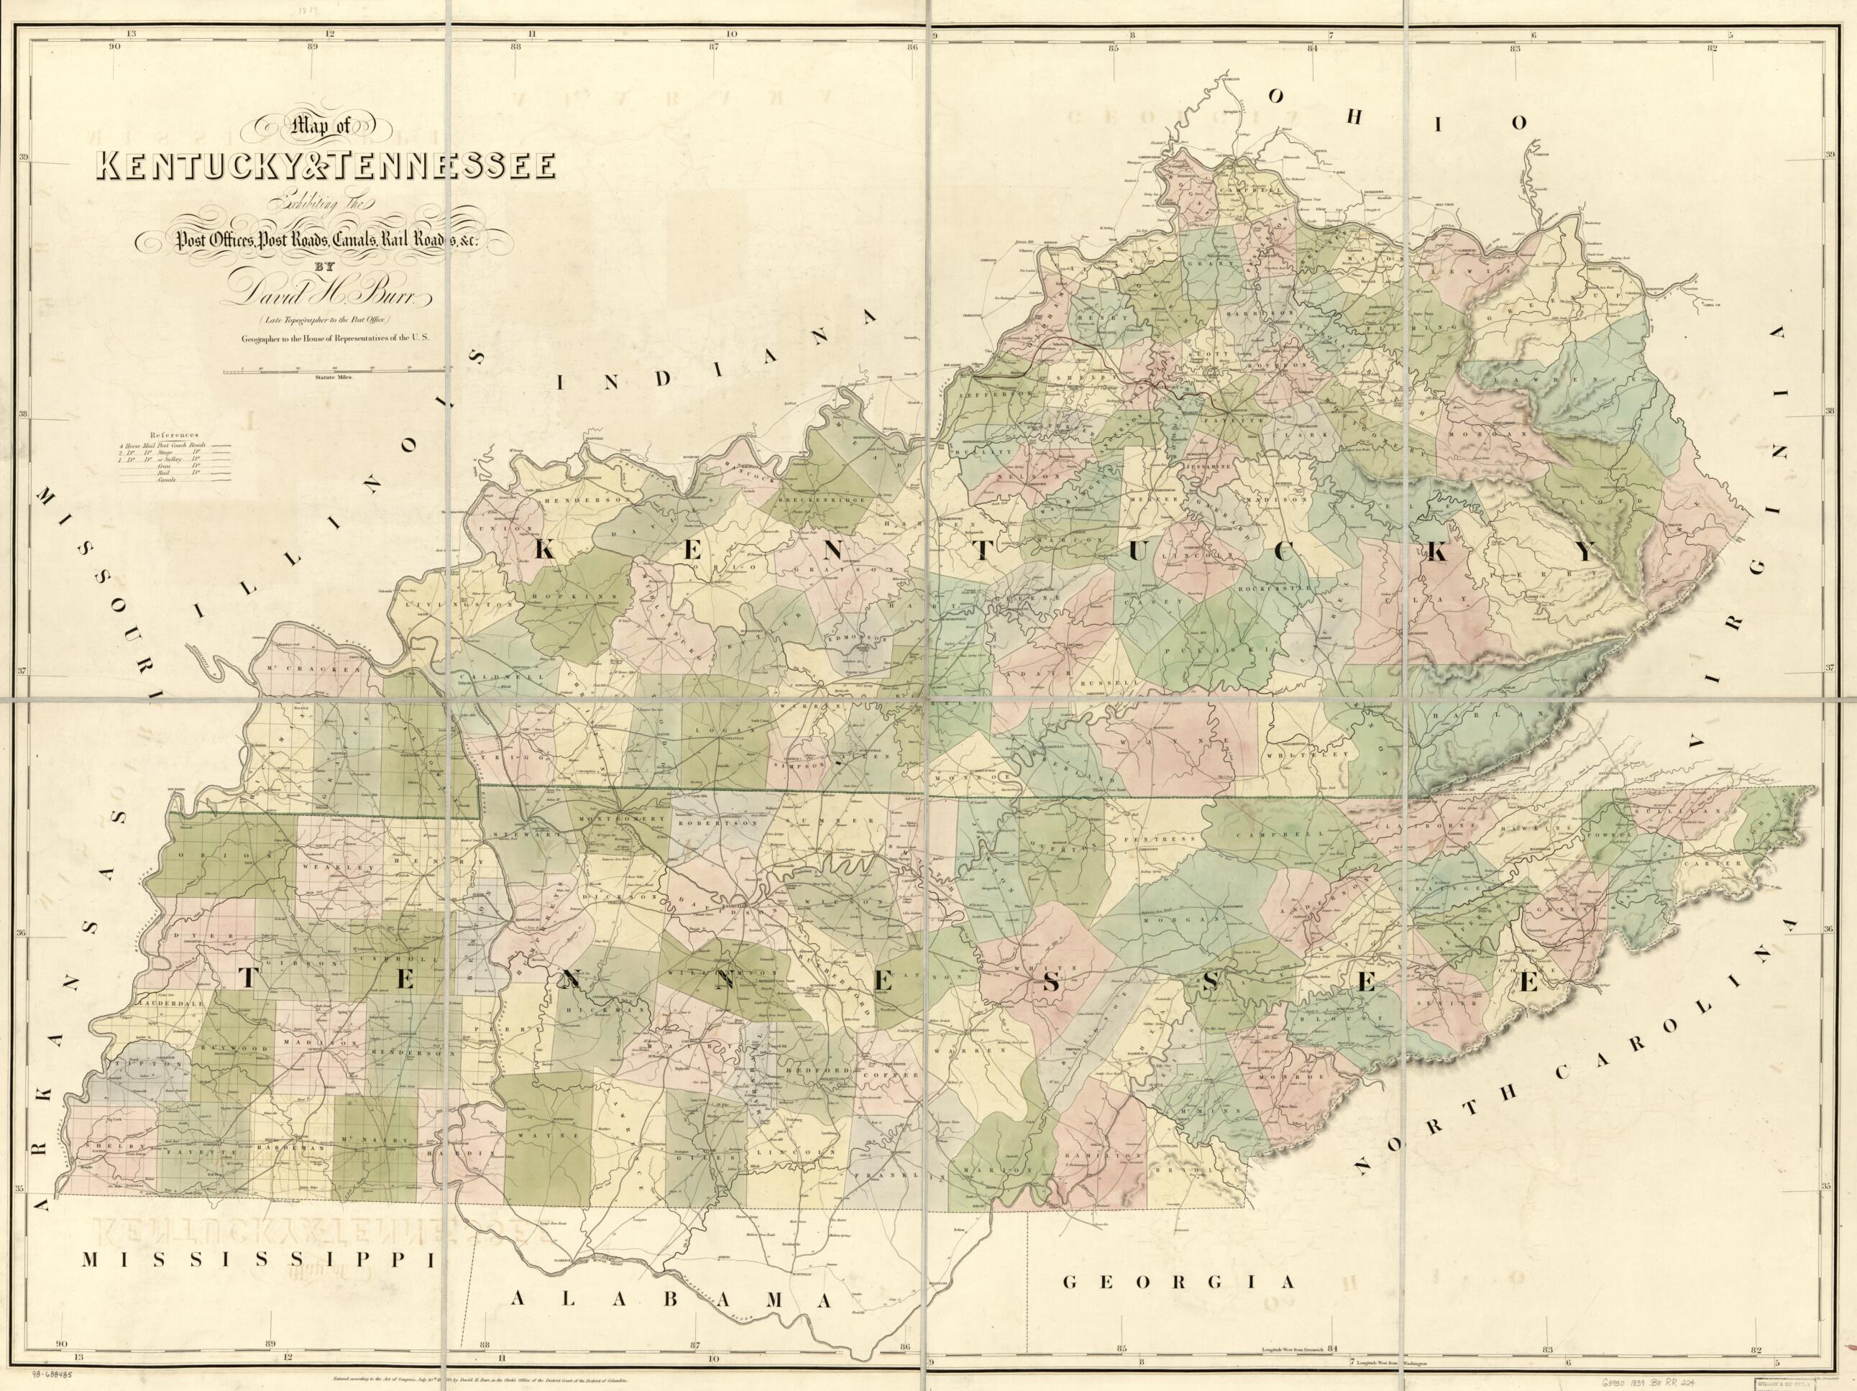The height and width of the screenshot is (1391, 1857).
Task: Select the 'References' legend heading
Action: coord(175,435)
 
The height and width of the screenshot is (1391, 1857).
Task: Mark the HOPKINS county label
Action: coord(575,592)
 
